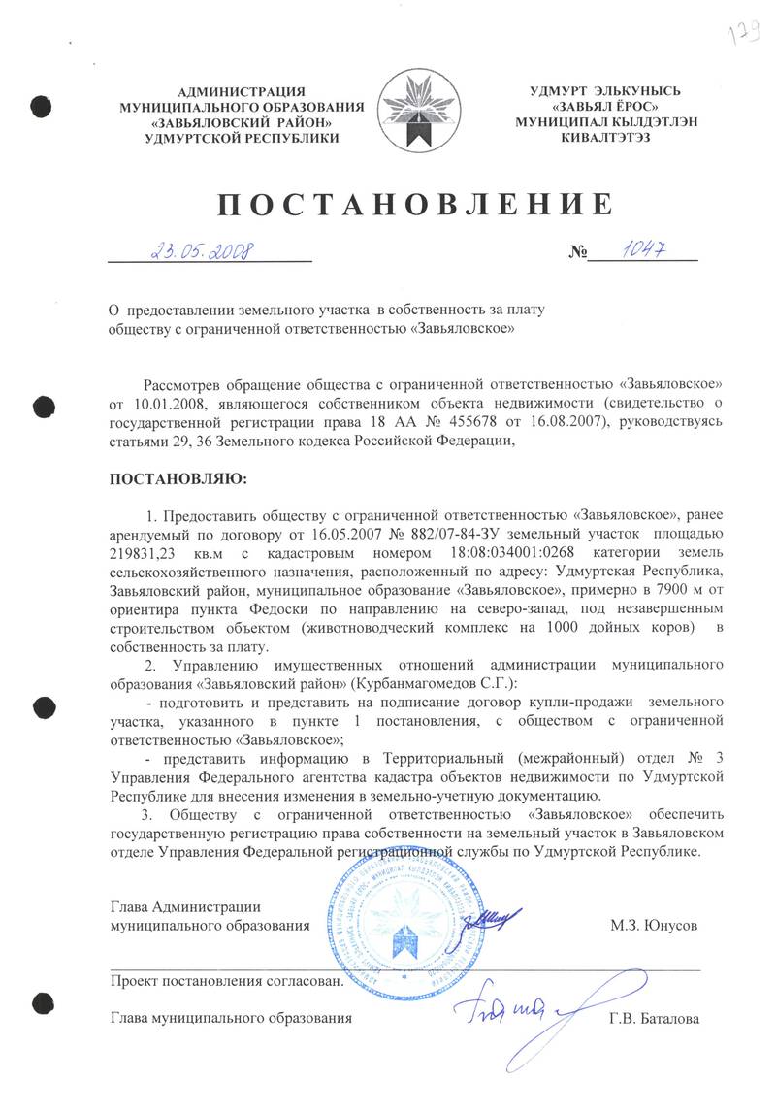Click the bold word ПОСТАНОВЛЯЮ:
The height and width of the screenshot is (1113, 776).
tap(178, 479)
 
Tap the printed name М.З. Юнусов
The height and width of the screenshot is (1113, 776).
tap(654, 925)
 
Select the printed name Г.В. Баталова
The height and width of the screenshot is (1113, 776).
tap(653, 1018)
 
